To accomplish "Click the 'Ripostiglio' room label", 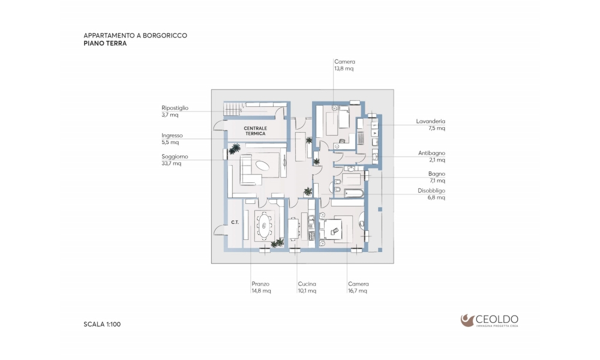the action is pyautogui.click(x=175, y=108).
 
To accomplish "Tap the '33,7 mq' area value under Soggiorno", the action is pyautogui.click(x=172, y=163).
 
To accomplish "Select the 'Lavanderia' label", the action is pyautogui.click(x=430, y=121).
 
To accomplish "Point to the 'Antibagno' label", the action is pyautogui.click(x=431, y=153).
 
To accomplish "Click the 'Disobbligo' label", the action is pyautogui.click(x=431, y=191).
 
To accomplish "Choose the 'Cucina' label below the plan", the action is pyautogui.click(x=307, y=284).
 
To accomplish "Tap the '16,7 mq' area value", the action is pyautogui.click(x=358, y=291).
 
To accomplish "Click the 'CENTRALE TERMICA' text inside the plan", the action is pyautogui.click(x=255, y=131).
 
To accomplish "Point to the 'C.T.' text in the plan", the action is pyautogui.click(x=235, y=222).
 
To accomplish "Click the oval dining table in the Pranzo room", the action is pyautogui.click(x=264, y=226).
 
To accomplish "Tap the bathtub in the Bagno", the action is pyautogui.click(x=353, y=193).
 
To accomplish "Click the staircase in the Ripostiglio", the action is pyautogui.click(x=232, y=109).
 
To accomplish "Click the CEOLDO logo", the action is pyautogui.click(x=490, y=320).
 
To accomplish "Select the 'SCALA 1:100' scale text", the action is pyautogui.click(x=102, y=325).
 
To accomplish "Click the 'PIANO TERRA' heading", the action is pyautogui.click(x=105, y=43).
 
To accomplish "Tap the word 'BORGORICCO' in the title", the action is pyautogui.click(x=165, y=35).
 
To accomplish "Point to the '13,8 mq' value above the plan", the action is pyautogui.click(x=344, y=68).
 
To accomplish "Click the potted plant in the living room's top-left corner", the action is pyautogui.click(x=234, y=148).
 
